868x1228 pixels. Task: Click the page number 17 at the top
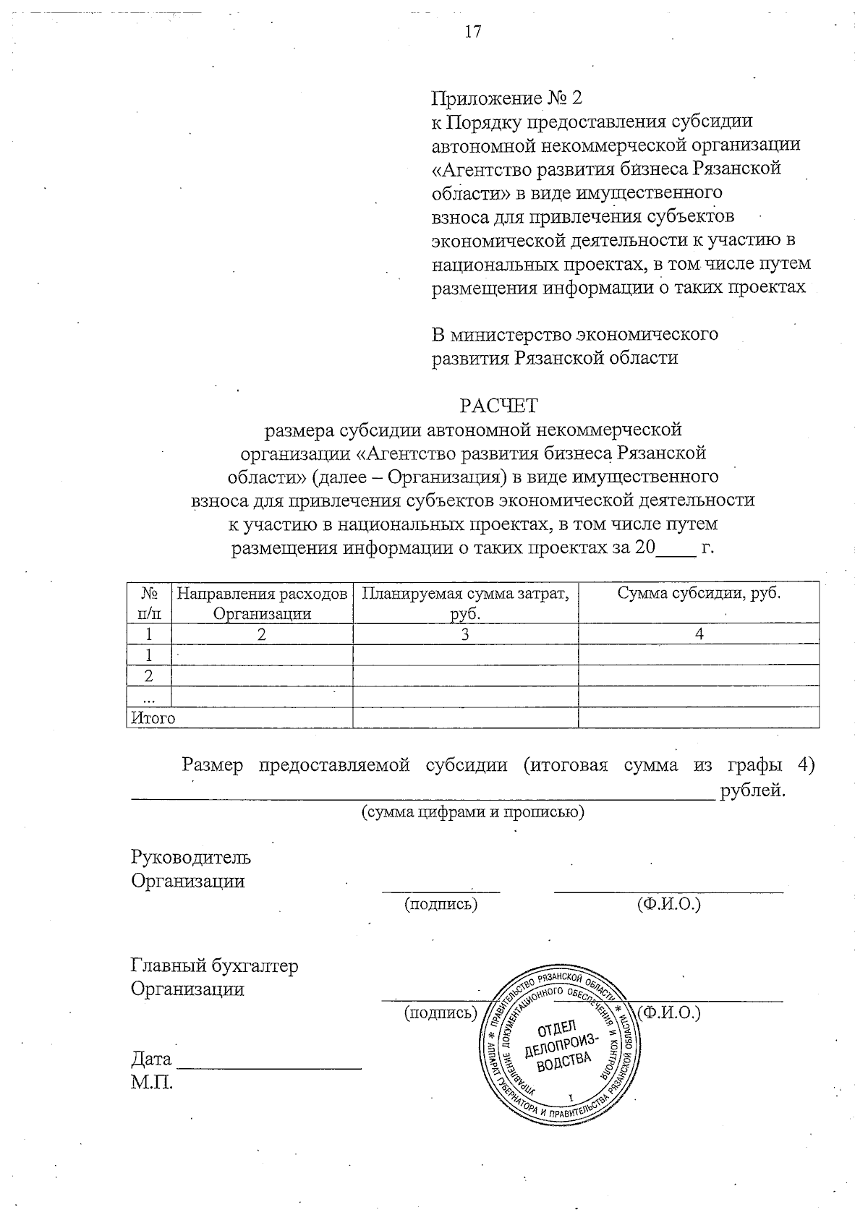[472, 32]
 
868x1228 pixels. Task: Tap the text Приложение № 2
[506, 98]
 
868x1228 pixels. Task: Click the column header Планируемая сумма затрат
[465, 603]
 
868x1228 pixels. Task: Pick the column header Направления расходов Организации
[262, 603]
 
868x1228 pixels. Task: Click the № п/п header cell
[149, 603]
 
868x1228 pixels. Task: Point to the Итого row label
[153, 718]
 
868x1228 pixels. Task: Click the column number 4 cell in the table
[699, 634]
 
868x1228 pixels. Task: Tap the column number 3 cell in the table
[465, 634]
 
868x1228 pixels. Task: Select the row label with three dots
[149, 696]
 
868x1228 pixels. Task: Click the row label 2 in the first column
[149, 676]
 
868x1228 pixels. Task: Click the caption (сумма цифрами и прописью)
[472, 811]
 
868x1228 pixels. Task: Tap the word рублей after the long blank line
[752, 790]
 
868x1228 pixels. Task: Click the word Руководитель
[191, 858]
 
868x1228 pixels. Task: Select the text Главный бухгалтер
[214, 966]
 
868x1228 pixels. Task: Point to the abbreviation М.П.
[152, 1083]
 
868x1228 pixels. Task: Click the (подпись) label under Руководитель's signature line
[441, 904]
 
